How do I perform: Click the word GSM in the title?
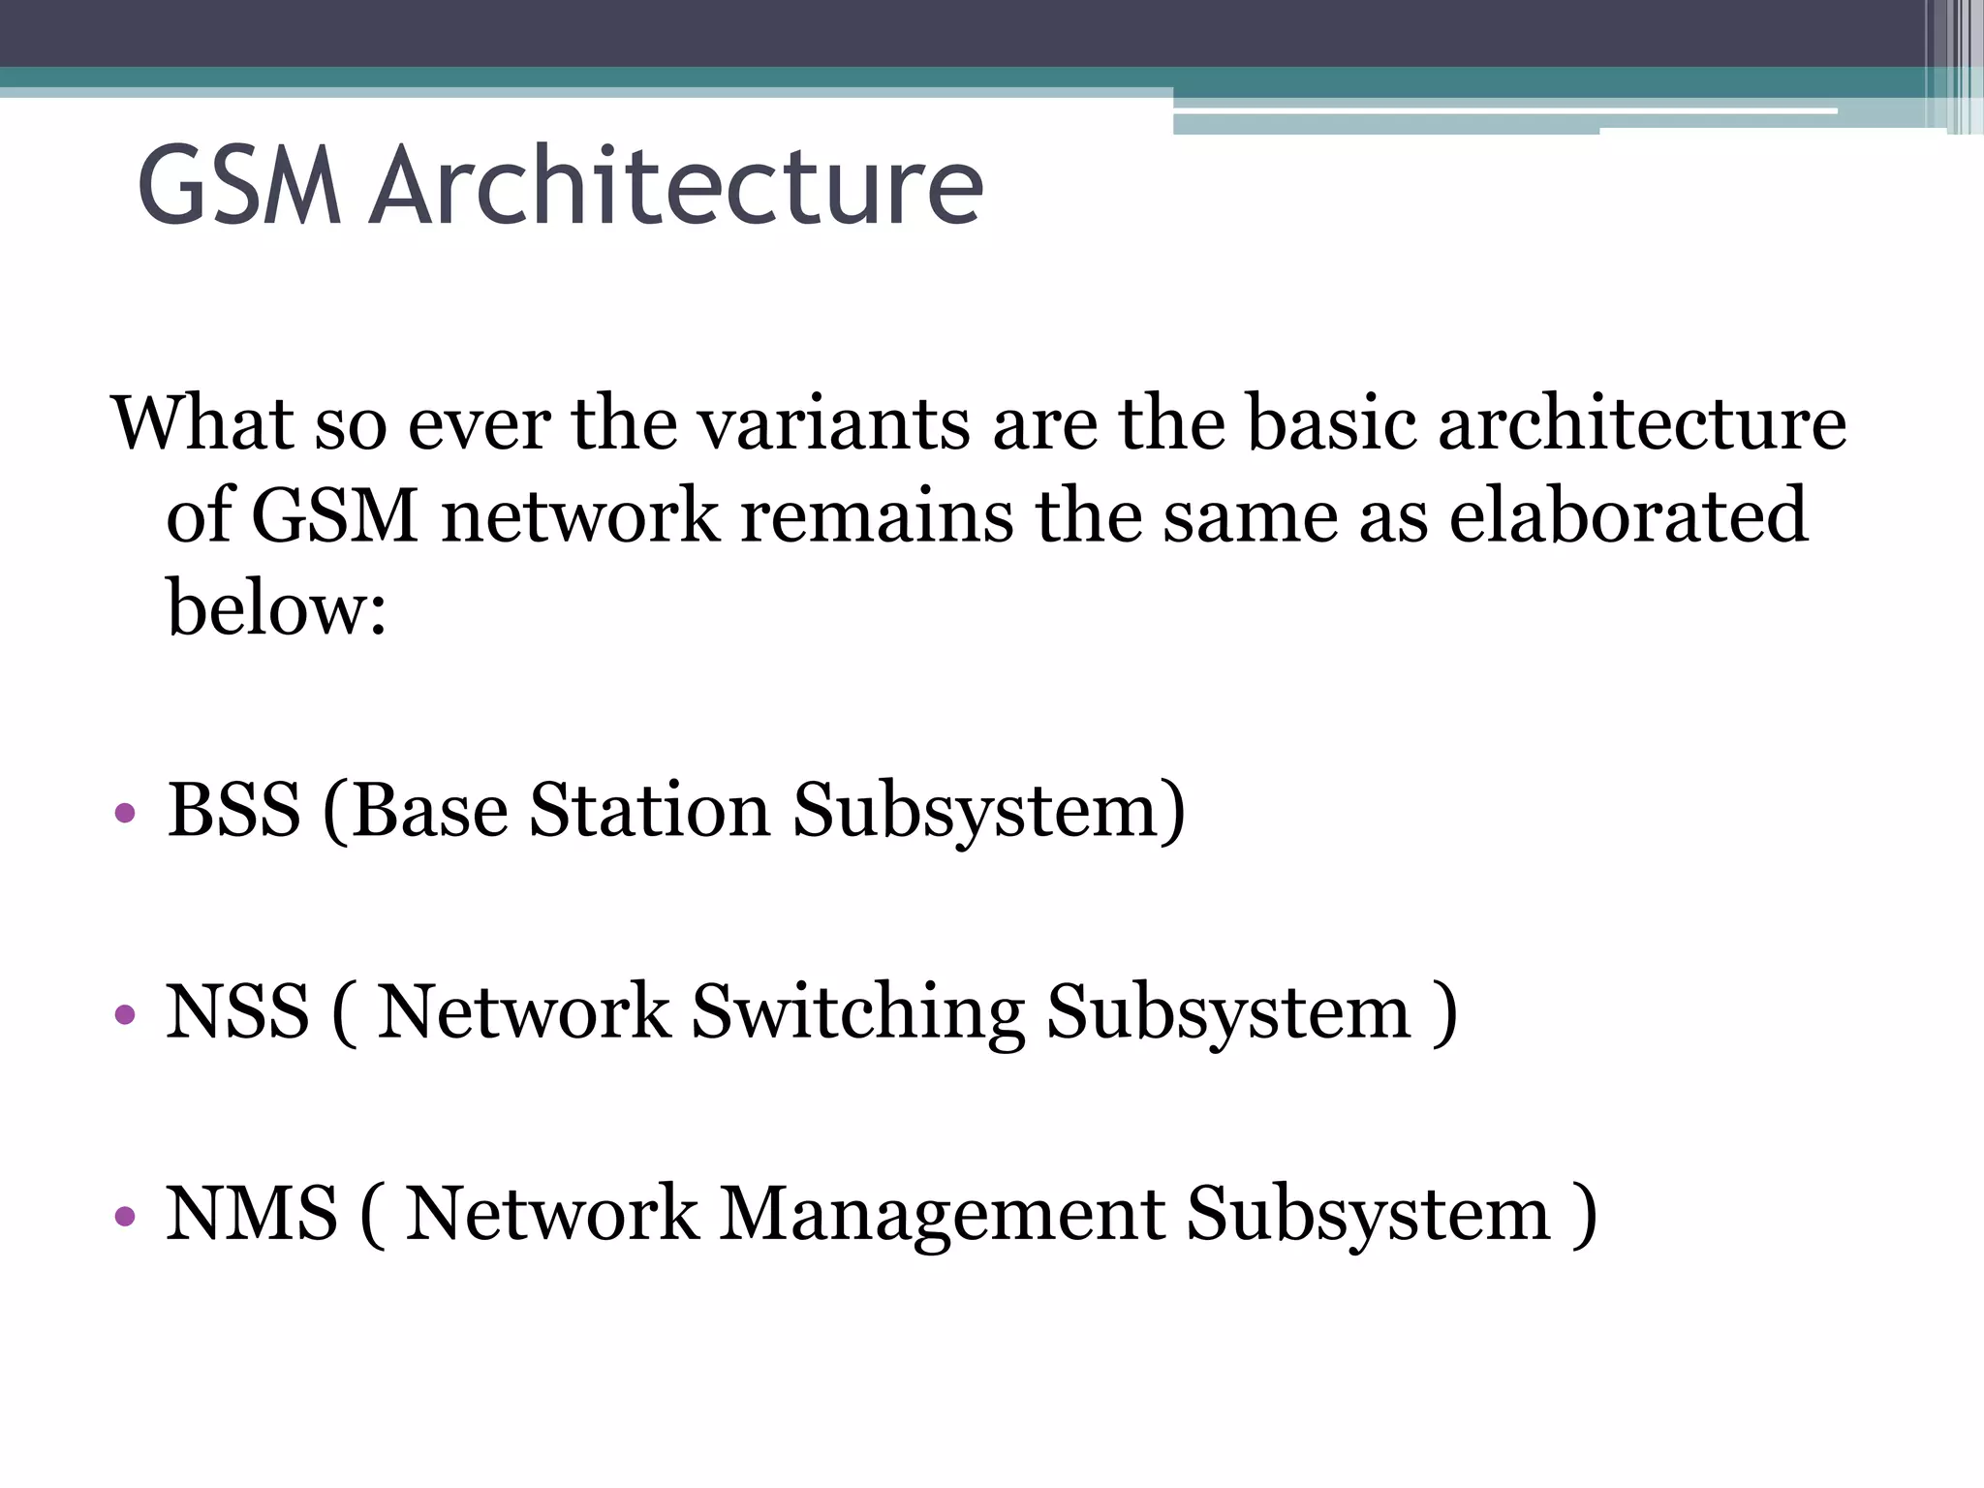pos(239,185)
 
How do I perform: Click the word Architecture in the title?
pos(677,185)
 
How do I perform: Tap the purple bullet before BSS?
pos(124,812)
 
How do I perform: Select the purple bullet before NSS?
pos(124,1014)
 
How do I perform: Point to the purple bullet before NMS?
pos(124,1216)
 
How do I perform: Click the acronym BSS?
pos(233,810)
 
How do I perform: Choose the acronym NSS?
pos(237,1012)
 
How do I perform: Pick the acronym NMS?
pos(252,1214)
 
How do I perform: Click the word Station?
pos(649,810)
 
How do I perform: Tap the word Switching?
pos(857,1012)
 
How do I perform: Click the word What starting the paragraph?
pos(202,423)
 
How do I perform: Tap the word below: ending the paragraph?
pos(277,608)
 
